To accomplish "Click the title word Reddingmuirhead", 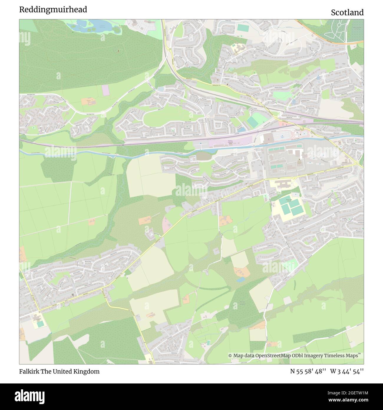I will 53,10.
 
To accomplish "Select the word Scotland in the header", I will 347,12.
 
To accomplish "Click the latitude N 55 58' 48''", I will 308,371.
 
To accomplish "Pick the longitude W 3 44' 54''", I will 347,371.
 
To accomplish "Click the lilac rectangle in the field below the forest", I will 105,90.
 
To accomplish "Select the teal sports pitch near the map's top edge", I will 243,28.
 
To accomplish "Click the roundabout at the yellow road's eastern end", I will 356,163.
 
